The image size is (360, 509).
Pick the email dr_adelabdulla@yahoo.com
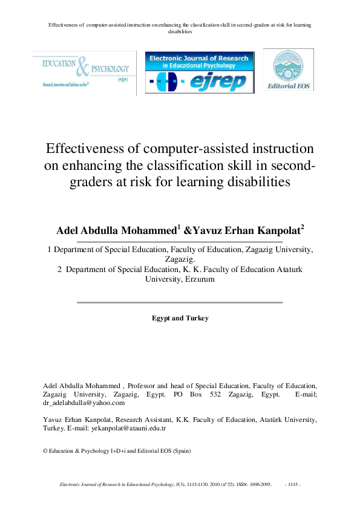84,402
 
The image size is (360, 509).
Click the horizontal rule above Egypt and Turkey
180,302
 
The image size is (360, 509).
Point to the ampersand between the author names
188,230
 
